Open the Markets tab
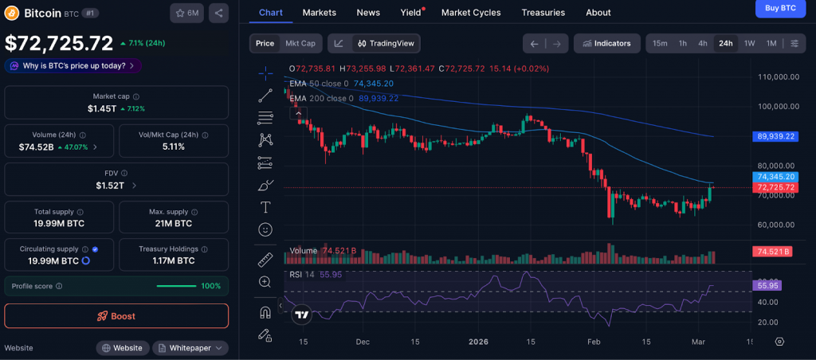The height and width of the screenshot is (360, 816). (x=319, y=13)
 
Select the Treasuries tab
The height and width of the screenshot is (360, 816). (x=543, y=13)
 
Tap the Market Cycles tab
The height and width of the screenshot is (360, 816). (x=471, y=13)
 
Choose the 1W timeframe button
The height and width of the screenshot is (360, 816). (x=749, y=43)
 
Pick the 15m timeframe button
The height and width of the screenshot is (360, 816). (x=660, y=43)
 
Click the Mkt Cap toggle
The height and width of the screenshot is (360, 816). (x=300, y=43)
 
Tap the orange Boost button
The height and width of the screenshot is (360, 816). (x=116, y=316)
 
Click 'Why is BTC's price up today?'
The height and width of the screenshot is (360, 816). (x=74, y=65)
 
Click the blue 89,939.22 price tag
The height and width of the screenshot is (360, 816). (x=775, y=136)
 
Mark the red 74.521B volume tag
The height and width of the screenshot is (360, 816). (x=771, y=252)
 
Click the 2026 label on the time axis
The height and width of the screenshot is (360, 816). (x=478, y=342)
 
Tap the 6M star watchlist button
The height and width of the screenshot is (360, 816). (x=186, y=13)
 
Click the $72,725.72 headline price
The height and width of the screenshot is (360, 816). (x=59, y=43)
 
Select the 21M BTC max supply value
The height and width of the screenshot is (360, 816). (x=173, y=224)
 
